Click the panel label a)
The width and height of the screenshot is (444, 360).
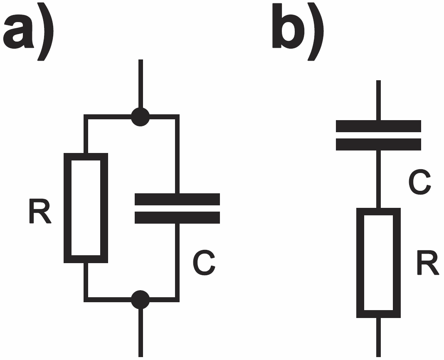(x=28, y=31)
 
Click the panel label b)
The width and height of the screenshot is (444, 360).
(x=298, y=31)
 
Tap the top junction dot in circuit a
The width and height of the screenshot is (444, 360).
(x=140, y=117)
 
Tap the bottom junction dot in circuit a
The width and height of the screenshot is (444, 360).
(x=140, y=300)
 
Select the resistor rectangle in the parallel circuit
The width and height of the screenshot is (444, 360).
(x=68, y=208)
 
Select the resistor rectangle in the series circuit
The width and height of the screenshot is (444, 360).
(x=360, y=263)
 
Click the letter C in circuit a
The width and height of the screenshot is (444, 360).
(x=204, y=263)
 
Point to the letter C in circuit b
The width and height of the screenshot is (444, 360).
(x=419, y=182)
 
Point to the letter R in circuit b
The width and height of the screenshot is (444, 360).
(x=428, y=262)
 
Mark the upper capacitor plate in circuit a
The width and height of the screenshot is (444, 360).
(x=177, y=199)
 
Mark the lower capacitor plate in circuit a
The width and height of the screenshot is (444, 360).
(x=177, y=217)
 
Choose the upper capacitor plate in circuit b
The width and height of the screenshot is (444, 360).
(x=378, y=126)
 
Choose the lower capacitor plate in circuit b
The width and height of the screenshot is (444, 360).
(x=378, y=144)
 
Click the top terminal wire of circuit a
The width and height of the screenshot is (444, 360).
(x=141, y=84)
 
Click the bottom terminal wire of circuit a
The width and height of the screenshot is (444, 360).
(x=141, y=333)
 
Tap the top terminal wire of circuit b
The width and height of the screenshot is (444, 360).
(x=379, y=100)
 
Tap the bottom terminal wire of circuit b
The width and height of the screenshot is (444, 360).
(x=379, y=337)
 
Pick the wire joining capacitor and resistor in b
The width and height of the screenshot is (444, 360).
(x=379, y=179)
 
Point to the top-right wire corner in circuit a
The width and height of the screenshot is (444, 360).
(x=177, y=117)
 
